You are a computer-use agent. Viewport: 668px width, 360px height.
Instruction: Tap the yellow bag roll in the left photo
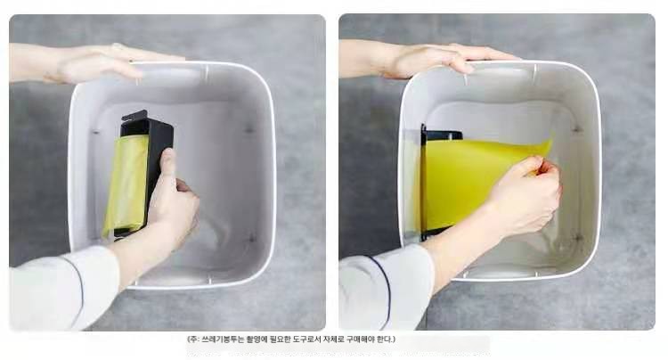click(126, 184)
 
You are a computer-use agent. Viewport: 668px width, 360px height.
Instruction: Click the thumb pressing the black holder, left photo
click(167, 166)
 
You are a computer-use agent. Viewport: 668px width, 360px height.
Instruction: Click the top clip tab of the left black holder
click(134, 115)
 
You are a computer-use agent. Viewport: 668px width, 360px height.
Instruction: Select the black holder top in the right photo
click(443, 135)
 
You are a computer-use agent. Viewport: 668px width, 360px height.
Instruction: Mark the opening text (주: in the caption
click(193, 340)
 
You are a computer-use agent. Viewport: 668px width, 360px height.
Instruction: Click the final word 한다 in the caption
click(386, 340)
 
